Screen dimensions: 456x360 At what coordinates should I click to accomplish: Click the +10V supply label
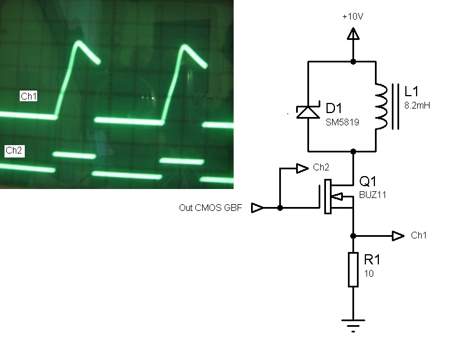pyautogui.click(x=353, y=16)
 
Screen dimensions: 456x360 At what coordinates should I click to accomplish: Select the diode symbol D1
pyautogui.click(x=308, y=112)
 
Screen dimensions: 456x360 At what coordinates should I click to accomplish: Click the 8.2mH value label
pyautogui.click(x=417, y=105)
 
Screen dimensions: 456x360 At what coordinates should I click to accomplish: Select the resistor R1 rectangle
pyautogui.click(x=353, y=270)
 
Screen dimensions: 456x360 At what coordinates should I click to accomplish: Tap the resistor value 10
pyautogui.click(x=369, y=274)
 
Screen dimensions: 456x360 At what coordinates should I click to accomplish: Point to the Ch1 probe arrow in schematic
pyautogui.click(x=399, y=235)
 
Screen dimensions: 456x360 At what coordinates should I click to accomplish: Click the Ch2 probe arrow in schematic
pyautogui.click(x=301, y=168)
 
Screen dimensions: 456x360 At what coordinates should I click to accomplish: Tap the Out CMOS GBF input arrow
pyautogui.click(x=257, y=208)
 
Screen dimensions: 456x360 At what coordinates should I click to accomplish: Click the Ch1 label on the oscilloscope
pyautogui.click(x=29, y=97)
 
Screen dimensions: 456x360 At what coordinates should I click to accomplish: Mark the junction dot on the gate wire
pyautogui.click(x=280, y=208)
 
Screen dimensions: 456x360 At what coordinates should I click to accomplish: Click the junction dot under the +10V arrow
pyautogui.click(x=353, y=61)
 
